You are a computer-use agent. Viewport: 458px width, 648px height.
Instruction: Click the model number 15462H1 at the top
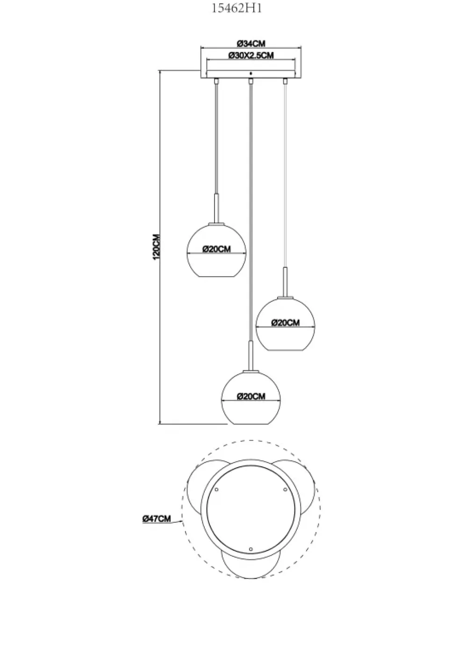tap(237, 8)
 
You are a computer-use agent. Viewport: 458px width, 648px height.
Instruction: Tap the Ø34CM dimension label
tap(251, 43)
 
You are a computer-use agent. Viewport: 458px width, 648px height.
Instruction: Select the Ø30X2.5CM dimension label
tap(251, 55)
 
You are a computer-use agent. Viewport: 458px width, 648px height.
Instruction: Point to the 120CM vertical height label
tap(156, 247)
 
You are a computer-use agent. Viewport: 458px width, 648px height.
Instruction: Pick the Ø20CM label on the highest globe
tap(217, 249)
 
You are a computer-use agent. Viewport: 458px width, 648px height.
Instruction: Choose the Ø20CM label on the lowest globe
tap(251, 396)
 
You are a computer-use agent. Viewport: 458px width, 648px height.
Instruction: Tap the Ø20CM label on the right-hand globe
tap(285, 322)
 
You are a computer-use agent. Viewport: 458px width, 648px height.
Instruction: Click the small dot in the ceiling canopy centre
tap(251, 74)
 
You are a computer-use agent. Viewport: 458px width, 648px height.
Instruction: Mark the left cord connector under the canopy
tap(216, 81)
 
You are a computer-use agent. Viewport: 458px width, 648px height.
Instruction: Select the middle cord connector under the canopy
tap(251, 81)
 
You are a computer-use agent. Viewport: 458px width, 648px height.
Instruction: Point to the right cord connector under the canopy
tap(285, 81)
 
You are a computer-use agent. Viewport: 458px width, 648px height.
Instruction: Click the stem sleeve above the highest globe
tap(216, 208)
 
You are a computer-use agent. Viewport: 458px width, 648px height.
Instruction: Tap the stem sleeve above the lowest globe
tap(251, 356)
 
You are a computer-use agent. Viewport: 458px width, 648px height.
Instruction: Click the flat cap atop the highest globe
tap(216, 224)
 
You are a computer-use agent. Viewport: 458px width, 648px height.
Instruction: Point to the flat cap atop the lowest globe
tap(251, 371)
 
